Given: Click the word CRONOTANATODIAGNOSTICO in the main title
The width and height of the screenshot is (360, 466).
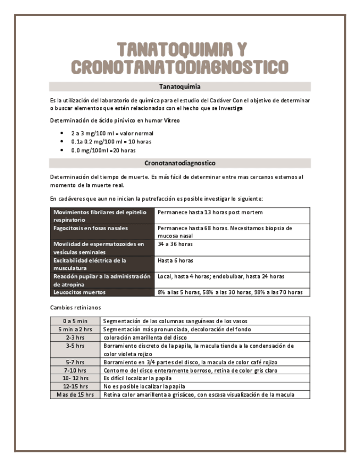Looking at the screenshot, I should tap(180, 67).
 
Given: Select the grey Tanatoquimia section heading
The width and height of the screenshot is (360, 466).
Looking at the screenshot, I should tap(180, 87).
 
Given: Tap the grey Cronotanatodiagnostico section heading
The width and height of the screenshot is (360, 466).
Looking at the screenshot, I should tap(180, 163).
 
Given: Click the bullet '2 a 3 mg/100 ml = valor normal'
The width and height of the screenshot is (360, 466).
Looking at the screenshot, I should tap(112, 134).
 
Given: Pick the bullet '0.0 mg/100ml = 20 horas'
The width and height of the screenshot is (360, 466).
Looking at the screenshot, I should tap(103, 150).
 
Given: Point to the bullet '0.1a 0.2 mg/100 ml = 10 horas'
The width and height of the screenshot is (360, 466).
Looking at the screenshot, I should tap(111, 142).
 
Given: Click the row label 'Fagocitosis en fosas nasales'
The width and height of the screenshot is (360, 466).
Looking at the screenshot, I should tap(91, 228).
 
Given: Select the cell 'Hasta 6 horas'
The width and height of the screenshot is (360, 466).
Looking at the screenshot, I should tap(175, 260).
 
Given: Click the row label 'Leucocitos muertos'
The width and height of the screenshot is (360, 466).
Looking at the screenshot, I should tap(80, 292).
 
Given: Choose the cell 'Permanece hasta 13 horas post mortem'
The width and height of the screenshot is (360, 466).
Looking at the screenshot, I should tap(210, 212).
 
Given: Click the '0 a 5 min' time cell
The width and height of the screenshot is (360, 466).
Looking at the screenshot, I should tap(75, 321).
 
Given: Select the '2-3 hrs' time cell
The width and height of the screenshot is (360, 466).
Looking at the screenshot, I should tap(75, 337).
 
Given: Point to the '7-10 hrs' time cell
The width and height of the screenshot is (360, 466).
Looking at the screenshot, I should tap(75, 370).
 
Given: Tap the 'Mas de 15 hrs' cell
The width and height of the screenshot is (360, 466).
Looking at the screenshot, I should tap(75, 395).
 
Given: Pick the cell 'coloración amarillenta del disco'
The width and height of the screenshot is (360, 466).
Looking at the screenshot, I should tap(145, 337).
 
